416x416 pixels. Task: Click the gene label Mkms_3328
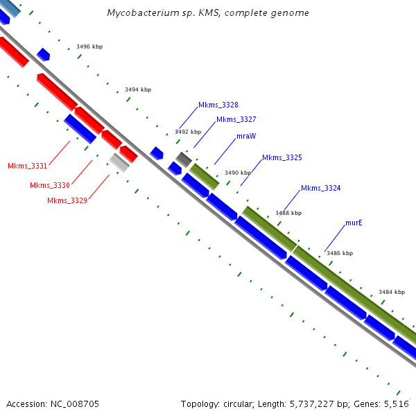(x=218, y=105)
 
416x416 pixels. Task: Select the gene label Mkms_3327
(x=236, y=119)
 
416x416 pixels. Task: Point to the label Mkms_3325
(x=281, y=157)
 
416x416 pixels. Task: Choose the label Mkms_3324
(x=320, y=188)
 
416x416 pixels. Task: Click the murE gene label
(x=354, y=223)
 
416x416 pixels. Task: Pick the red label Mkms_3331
(x=27, y=166)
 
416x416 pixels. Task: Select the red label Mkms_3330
(x=50, y=185)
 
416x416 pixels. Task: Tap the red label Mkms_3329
(x=67, y=200)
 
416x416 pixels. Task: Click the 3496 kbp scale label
(x=89, y=47)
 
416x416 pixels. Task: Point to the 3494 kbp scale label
(x=138, y=89)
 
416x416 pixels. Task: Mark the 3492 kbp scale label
(x=188, y=132)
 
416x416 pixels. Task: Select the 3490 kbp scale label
(x=238, y=173)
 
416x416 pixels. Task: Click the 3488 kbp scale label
(x=288, y=213)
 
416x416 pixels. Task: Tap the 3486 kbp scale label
(x=340, y=253)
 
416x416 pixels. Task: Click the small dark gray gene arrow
(x=183, y=159)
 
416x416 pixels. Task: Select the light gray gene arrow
(x=119, y=162)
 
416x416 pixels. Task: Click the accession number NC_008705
(x=53, y=404)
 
